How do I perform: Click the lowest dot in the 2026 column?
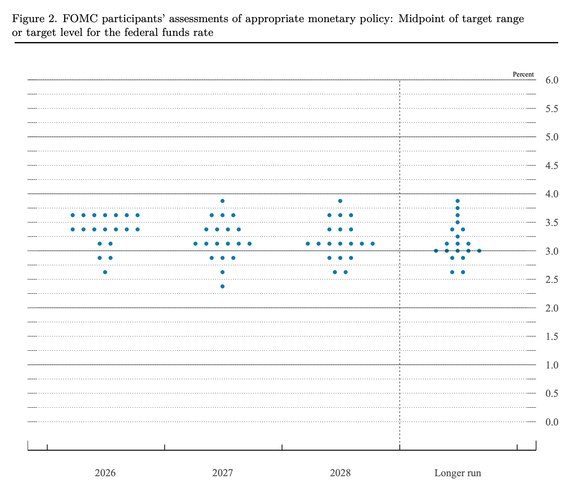pos(105,272)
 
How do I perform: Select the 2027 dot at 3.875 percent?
pos(222,201)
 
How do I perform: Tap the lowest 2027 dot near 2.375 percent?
pos(222,287)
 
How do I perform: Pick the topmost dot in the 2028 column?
pos(340,201)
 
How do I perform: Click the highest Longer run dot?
pos(458,201)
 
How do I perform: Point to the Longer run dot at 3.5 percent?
pos(458,222)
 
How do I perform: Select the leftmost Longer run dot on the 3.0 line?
pos(436,251)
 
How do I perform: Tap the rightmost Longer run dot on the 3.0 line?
pos(479,251)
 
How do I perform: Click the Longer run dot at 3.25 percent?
pos(458,236)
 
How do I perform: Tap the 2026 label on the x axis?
pos(105,473)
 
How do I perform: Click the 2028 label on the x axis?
pos(340,473)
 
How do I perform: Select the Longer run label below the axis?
pos(458,473)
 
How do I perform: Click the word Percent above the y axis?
pos(523,75)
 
